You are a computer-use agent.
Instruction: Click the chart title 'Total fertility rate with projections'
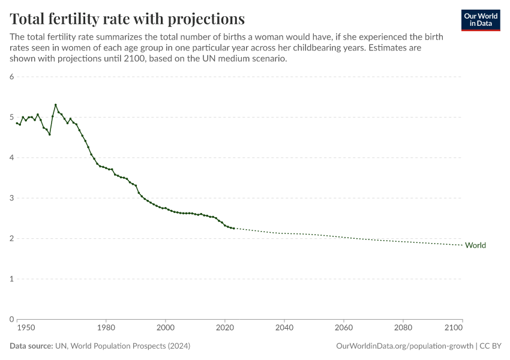point(127,18)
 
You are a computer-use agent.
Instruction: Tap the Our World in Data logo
point(480,20)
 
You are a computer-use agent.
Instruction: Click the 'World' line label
point(475,245)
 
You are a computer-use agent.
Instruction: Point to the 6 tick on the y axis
point(11,77)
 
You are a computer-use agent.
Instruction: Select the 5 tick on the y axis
point(11,117)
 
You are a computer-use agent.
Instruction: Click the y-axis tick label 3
point(11,198)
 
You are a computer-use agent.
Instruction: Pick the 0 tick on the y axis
point(11,319)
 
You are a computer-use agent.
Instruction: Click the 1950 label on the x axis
point(25,328)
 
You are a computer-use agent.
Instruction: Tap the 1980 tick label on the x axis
point(106,328)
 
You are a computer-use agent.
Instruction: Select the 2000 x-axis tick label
point(165,328)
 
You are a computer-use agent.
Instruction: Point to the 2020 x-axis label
point(224,328)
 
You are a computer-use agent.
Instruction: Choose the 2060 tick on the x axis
point(343,328)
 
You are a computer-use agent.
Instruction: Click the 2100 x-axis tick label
point(454,328)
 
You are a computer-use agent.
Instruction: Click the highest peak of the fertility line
point(55,104)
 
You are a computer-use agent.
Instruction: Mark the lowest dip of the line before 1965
point(49,134)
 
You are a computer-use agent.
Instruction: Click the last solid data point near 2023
point(233,229)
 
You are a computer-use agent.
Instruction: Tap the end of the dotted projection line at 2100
point(462,245)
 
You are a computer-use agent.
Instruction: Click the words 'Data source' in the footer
point(31,346)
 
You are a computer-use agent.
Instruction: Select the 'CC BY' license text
point(490,346)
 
